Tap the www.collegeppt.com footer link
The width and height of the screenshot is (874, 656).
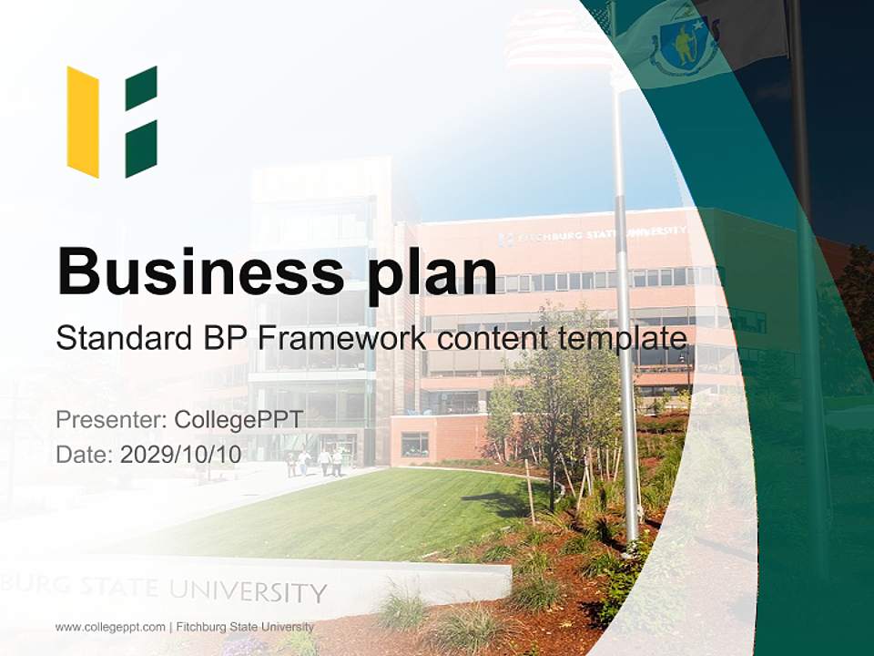[x=109, y=627]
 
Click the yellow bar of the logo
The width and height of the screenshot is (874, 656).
[x=83, y=121]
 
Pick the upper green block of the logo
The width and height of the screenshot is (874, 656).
[x=141, y=88]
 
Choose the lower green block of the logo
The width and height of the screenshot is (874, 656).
[x=141, y=149]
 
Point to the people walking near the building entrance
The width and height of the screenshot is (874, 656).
[x=314, y=462]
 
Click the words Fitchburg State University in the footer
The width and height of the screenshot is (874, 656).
[x=245, y=627]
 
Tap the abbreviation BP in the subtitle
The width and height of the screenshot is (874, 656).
[x=225, y=338]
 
